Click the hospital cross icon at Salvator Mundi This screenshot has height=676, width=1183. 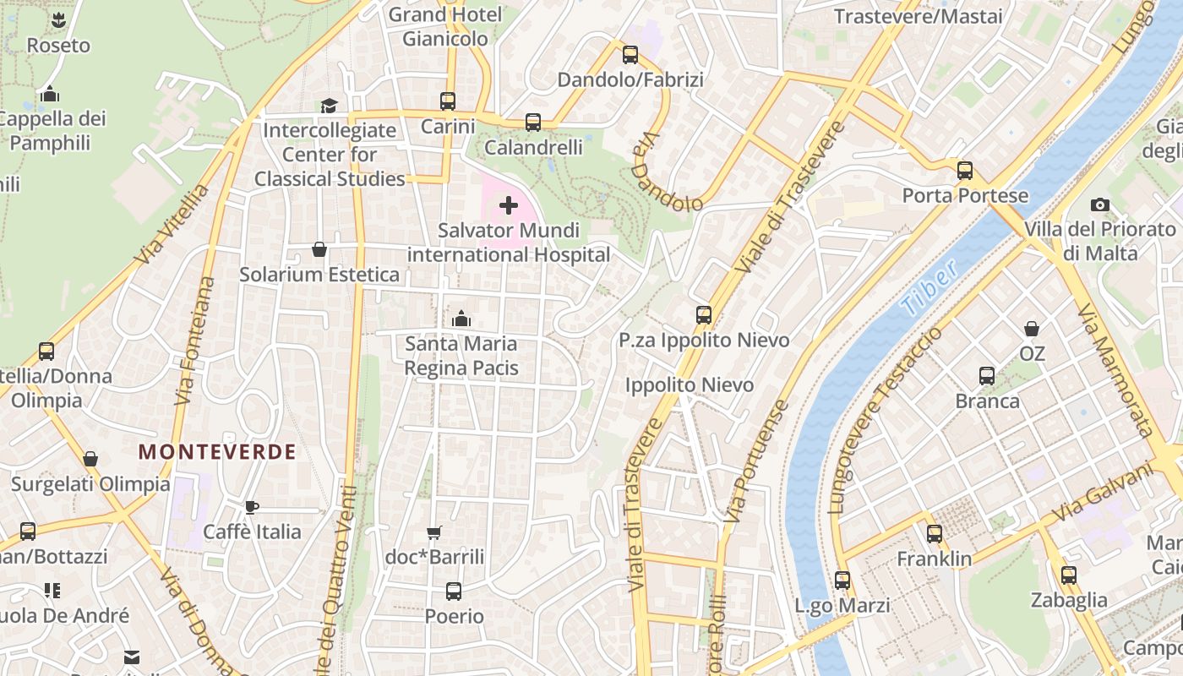click(509, 205)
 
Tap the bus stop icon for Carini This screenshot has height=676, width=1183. click(448, 101)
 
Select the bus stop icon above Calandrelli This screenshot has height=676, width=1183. click(533, 123)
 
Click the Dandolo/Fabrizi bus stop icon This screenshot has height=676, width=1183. click(630, 55)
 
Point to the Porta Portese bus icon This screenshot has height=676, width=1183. click(965, 171)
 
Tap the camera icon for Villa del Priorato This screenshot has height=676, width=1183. click(1099, 204)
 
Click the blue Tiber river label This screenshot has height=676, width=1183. click(929, 288)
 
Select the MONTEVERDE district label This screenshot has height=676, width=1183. click(217, 452)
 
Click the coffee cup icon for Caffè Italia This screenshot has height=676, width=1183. click(251, 507)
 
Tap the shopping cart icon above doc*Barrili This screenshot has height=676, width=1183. click(434, 532)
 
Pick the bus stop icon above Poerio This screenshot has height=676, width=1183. click(454, 591)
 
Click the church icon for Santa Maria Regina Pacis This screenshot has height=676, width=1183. click(461, 319)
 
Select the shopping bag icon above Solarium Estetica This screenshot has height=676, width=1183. click(319, 249)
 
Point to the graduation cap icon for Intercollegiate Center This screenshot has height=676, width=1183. click(329, 106)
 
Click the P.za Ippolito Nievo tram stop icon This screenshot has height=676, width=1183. click(704, 315)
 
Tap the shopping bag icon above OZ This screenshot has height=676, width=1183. click(1032, 328)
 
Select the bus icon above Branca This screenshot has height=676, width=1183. click(987, 376)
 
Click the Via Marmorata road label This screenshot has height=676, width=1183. click(1115, 370)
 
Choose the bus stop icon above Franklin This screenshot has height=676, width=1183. click(935, 534)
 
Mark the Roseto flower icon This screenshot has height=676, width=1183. click(58, 19)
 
